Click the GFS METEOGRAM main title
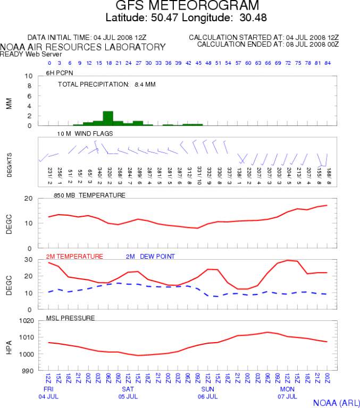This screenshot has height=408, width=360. (x=187, y=6)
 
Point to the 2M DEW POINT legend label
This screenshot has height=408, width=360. (x=150, y=256)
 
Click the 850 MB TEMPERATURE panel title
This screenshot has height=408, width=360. (x=89, y=195)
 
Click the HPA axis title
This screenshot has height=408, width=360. (x=9, y=346)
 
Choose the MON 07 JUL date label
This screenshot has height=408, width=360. (x=287, y=393)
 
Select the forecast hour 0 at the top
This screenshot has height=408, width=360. (x=49, y=63)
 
